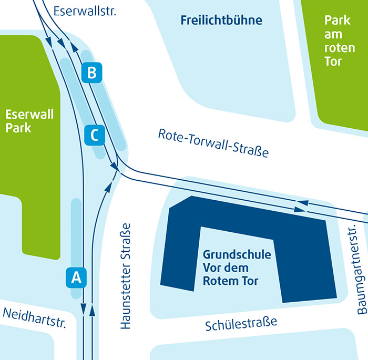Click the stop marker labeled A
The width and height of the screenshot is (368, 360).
pyautogui.click(x=76, y=277)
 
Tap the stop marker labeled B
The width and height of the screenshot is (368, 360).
pyautogui.click(x=92, y=73)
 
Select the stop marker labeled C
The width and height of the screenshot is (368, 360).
pyautogui.click(x=95, y=135)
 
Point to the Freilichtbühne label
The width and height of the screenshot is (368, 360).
pyautogui.click(x=221, y=21)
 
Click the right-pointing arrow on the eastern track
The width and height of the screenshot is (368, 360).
pyautogui.click(x=298, y=210)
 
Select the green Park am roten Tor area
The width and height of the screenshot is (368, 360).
pyautogui.click(x=342, y=95)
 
